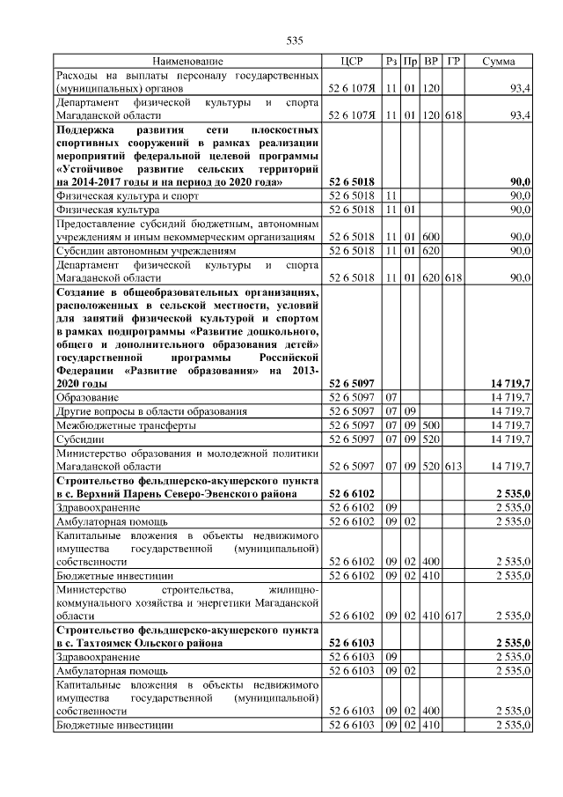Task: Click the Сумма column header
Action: [x=499, y=62]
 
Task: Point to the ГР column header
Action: [x=453, y=62]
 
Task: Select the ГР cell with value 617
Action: [x=453, y=615]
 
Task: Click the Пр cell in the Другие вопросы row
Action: [x=410, y=411]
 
